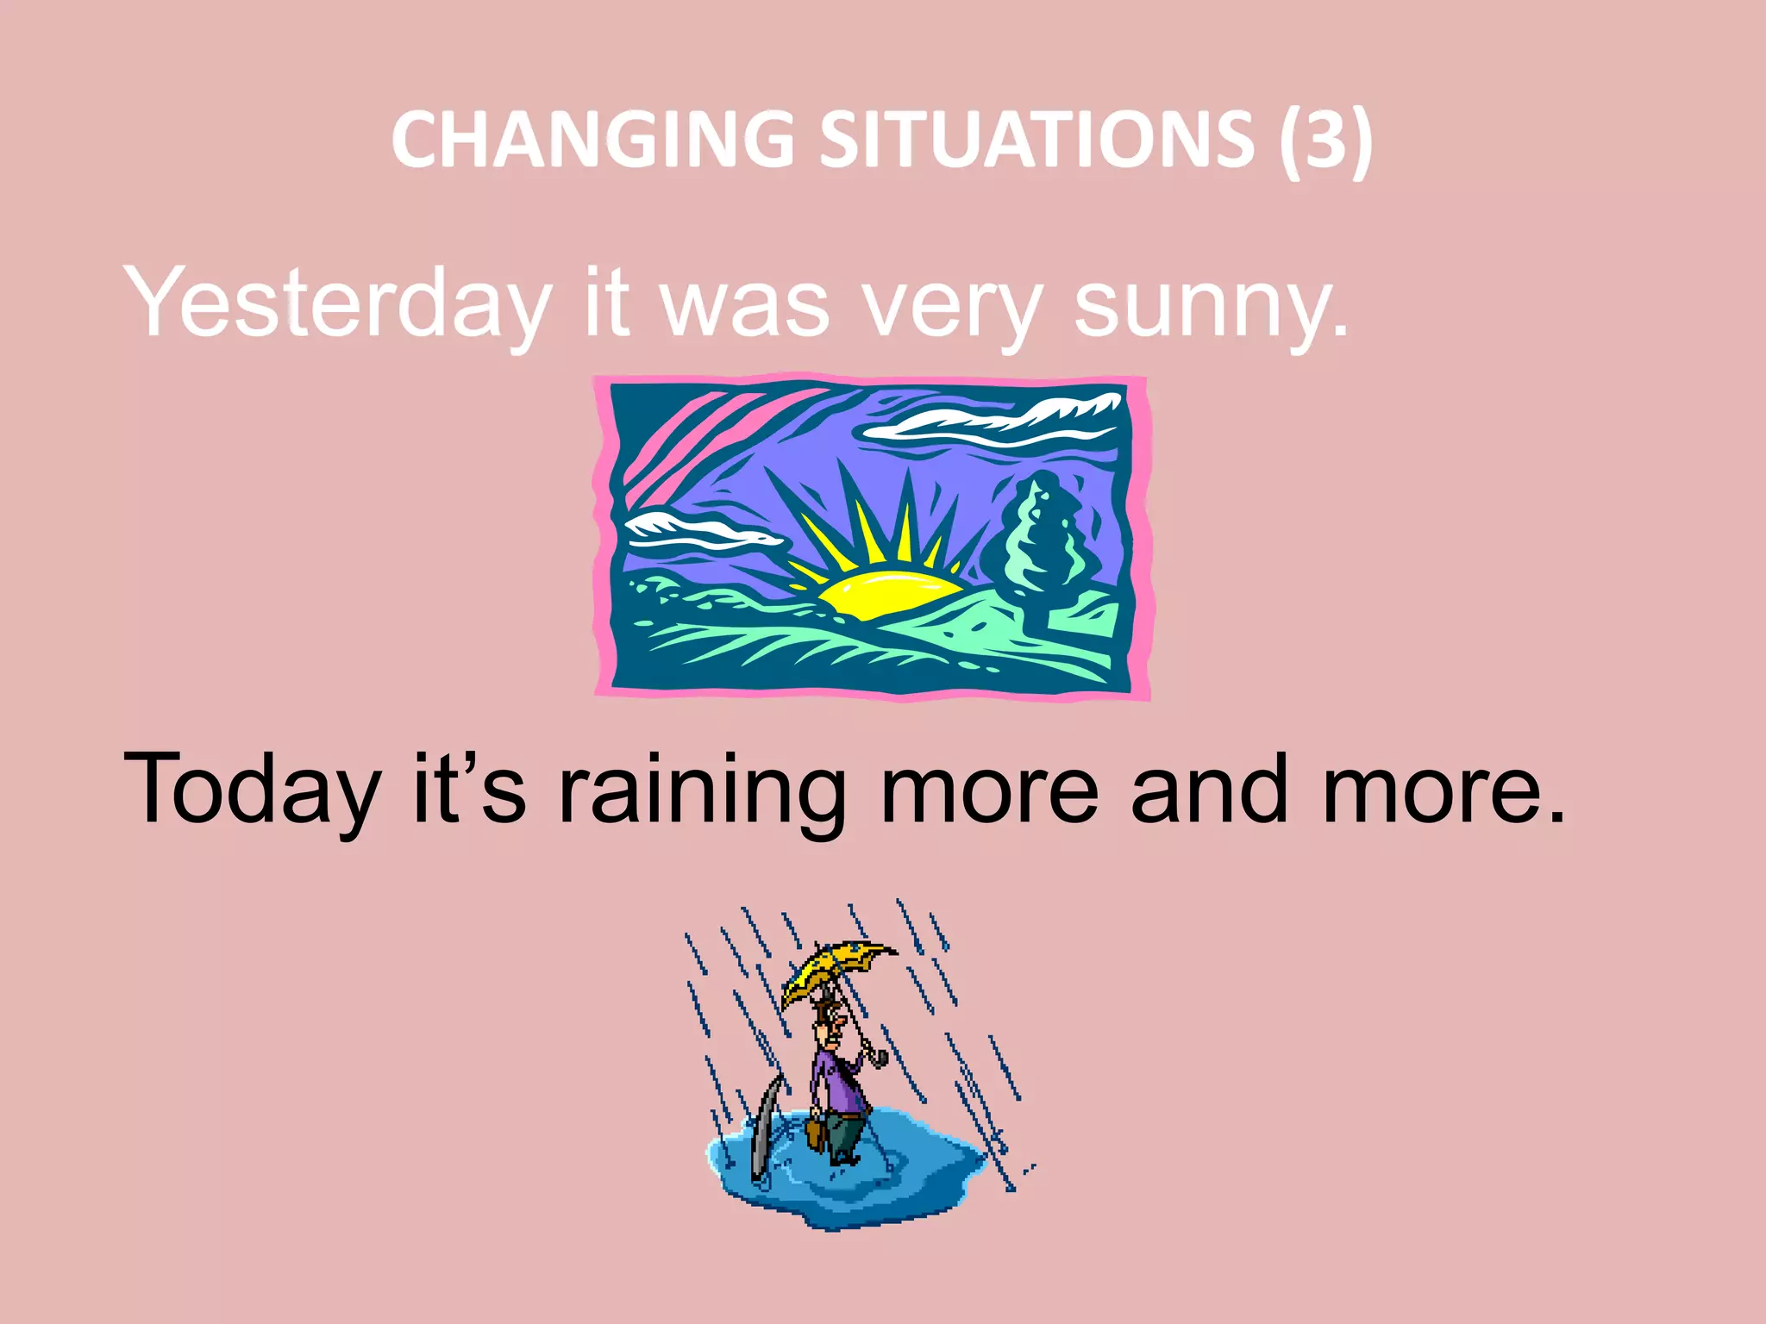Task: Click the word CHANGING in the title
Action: pos(592,140)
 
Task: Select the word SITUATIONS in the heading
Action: pos(1036,140)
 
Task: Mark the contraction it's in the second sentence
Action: pos(470,788)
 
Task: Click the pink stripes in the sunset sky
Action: pos(690,431)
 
